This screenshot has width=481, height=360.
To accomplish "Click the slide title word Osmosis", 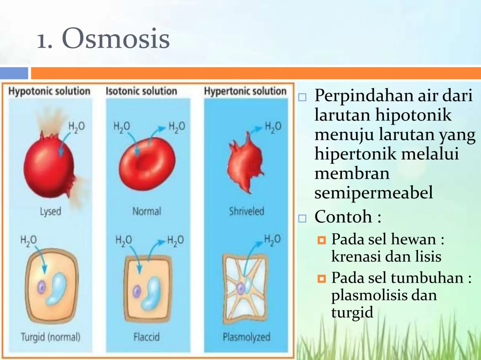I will pyautogui.click(x=115, y=40).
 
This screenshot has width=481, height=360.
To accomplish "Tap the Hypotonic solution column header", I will pyautogui.click(x=49, y=91).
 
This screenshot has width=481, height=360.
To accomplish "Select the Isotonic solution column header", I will pyautogui.click(x=141, y=91).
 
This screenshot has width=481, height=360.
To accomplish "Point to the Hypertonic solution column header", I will pyautogui.click(x=245, y=91).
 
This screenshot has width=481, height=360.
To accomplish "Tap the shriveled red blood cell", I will pyautogui.click(x=244, y=162).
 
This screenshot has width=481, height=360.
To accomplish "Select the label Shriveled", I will pyautogui.click(x=247, y=211).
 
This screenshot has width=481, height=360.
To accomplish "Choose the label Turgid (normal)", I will pyautogui.click(x=51, y=337).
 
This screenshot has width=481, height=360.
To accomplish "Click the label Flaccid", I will pyautogui.click(x=146, y=337).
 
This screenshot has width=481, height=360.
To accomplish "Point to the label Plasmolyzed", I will pyautogui.click(x=247, y=337).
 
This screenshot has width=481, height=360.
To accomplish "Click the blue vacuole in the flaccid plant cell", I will pyautogui.click(x=153, y=292).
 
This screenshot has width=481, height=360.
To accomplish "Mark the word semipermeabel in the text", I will pyautogui.click(x=374, y=193).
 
